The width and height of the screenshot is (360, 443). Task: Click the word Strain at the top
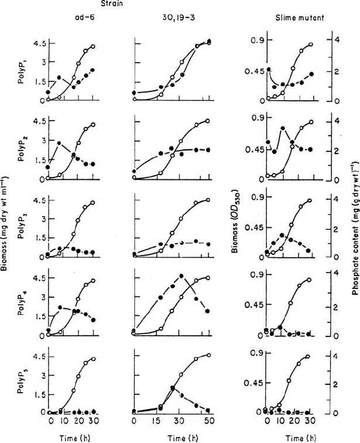click(x=112, y=4)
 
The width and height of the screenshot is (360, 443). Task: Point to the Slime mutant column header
click(x=300, y=18)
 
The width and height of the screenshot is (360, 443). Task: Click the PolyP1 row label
click(x=22, y=74)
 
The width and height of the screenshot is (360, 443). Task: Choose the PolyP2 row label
click(x=22, y=152)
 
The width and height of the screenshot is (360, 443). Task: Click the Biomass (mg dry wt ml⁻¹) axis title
click(x=4, y=223)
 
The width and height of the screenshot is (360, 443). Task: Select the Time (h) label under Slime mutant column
click(x=300, y=438)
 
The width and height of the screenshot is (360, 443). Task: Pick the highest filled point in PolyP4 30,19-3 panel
click(x=181, y=276)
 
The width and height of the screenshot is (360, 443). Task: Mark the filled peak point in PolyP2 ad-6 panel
click(x=59, y=143)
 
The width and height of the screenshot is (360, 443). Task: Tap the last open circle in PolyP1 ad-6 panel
click(x=93, y=47)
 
